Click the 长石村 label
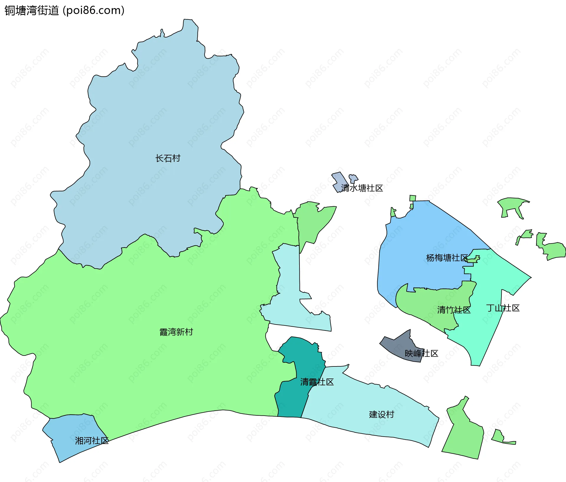[168, 158]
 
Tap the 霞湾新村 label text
[176, 332]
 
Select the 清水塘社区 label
[362, 188]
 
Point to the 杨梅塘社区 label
[447, 258]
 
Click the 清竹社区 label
[454, 310]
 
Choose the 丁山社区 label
[503, 308]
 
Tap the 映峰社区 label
[422, 353]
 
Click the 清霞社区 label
[317, 382]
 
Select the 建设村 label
[381, 414]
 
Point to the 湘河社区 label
[92, 441]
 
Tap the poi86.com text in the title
[94, 11]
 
